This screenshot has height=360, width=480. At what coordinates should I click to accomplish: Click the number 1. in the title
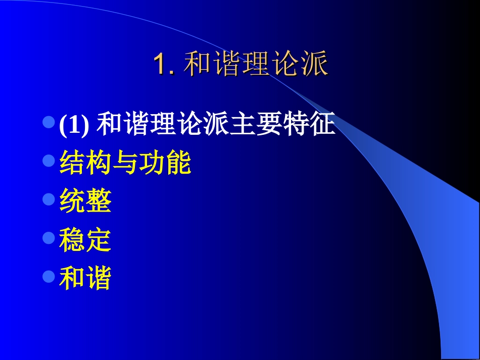164,65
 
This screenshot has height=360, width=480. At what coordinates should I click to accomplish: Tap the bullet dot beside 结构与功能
49,161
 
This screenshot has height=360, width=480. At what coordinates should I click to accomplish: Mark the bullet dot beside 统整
49,199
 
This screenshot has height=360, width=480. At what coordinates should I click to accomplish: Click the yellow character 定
99,240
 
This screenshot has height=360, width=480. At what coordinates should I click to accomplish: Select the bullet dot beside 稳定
49,238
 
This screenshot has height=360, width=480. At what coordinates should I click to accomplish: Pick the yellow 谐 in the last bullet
99,279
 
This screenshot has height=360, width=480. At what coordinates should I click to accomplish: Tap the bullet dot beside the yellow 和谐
49,276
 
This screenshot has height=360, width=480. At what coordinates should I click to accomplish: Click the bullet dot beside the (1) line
49,123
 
